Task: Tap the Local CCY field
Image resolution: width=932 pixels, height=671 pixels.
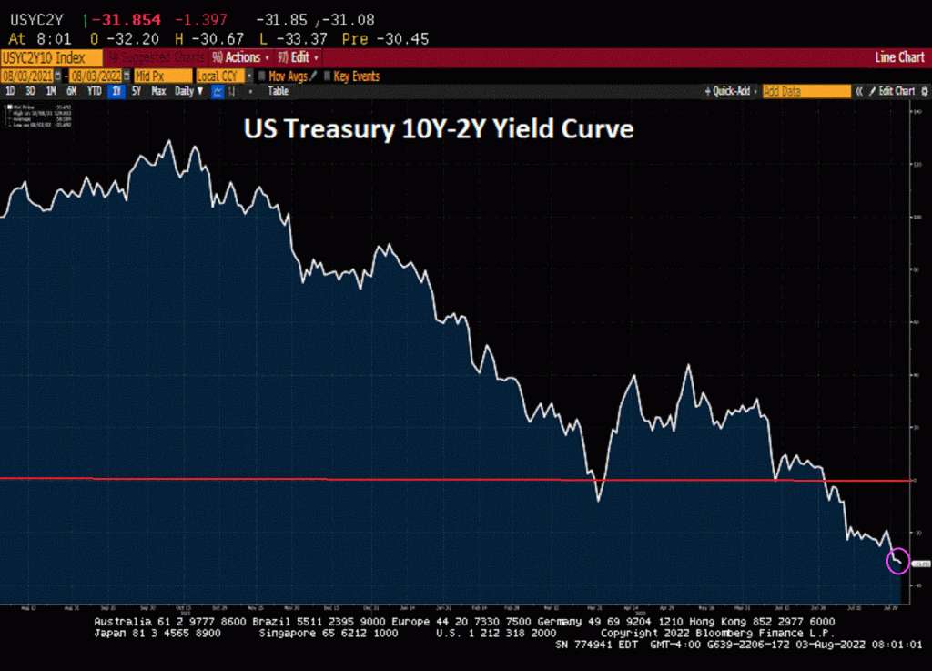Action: click(223, 76)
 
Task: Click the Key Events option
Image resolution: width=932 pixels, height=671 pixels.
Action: click(356, 76)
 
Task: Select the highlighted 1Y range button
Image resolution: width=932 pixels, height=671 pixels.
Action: click(116, 91)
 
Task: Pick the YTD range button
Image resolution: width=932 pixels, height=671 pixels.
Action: click(94, 91)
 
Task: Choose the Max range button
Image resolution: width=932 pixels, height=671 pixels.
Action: click(158, 91)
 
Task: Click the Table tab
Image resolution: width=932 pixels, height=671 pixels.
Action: click(278, 91)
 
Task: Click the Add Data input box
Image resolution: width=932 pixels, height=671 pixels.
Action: click(805, 91)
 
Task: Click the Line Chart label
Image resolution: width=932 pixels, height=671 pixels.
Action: click(898, 56)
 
